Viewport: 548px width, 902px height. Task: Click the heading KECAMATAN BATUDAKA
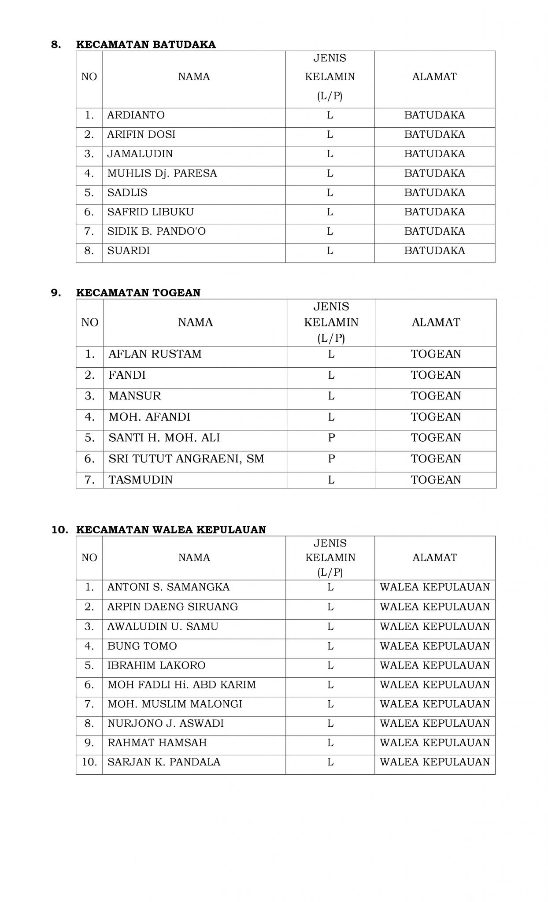click(x=146, y=44)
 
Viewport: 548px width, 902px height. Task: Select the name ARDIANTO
click(x=136, y=115)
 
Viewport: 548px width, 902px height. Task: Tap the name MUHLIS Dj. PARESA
click(x=162, y=174)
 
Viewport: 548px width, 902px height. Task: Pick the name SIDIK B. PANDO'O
click(x=156, y=232)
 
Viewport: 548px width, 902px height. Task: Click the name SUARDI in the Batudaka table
click(x=129, y=251)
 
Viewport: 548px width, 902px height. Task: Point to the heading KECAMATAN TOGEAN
click(x=138, y=293)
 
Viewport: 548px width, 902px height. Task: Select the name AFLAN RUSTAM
click(x=155, y=354)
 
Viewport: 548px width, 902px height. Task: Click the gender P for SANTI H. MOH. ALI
click(x=331, y=438)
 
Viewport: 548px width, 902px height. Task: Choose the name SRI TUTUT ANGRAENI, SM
click(x=186, y=459)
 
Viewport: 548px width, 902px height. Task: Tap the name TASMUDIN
click(x=141, y=480)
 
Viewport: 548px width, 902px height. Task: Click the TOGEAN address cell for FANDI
click(x=436, y=375)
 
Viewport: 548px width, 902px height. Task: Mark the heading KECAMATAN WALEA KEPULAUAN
click(x=171, y=530)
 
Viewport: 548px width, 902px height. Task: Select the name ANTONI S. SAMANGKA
click(x=168, y=588)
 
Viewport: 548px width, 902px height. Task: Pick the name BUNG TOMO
click(x=142, y=646)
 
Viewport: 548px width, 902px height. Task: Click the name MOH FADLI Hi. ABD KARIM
click(x=181, y=685)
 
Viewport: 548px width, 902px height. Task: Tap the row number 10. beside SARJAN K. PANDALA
click(x=89, y=762)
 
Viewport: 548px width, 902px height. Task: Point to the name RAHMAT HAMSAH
click(x=157, y=743)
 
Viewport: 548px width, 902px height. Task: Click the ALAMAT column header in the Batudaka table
click(x=434, y=77)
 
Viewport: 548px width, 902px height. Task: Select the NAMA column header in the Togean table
click(x=195, y=322)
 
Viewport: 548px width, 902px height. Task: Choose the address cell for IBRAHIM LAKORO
click(x=435, y=665)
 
